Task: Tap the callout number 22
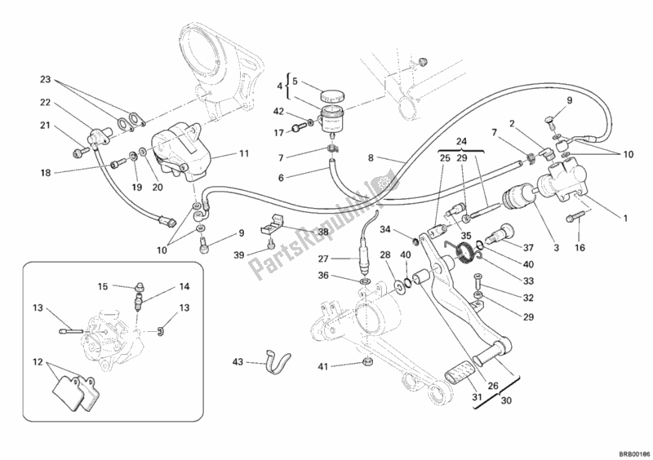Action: coord(45,103)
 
